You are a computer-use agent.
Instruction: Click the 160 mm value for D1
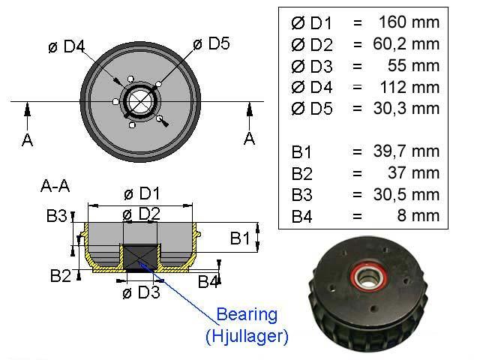click(409, 22)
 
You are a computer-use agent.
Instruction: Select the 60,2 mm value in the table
click(406, 43)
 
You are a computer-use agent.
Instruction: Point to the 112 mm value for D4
click(409, 87)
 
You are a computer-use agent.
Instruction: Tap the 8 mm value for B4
click(418, 215)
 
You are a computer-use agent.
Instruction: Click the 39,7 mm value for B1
click(406, 151)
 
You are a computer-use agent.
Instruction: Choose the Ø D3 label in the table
click(312, 66)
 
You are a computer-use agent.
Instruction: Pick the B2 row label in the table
click(301, 173)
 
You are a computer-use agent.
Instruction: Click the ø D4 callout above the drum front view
click(67, 46)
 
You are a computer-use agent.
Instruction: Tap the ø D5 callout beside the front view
click(211, 43)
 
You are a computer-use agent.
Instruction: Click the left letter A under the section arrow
click(27, 140)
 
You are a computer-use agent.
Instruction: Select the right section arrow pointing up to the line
click(250, 116)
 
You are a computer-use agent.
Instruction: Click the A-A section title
click(55, 185)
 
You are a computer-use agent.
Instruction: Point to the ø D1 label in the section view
click(142, 193)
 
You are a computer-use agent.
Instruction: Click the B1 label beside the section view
click(240, 238)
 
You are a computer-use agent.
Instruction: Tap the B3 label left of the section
click(57, 215)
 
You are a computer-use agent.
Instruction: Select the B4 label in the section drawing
click(208, 282)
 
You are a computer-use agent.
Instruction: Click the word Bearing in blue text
click(247, 315)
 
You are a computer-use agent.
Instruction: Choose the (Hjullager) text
click(247, 336)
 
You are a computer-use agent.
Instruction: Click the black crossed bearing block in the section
click(140, 256)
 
